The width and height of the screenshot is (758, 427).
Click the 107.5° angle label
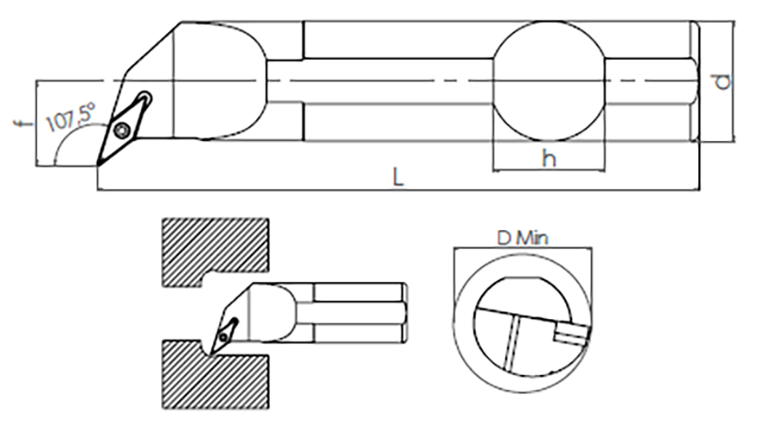click(x=70, y=117)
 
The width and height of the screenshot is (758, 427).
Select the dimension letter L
click(x=398, y=178)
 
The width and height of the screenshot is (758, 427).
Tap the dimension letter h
click(x=549, y=158)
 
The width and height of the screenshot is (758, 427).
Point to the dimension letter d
click(x=723, y=81)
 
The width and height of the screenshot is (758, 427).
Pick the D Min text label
click(x=523, y=238)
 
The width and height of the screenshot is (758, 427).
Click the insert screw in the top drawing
click(x=123, y=130)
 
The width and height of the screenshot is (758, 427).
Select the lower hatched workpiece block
click(x=215, y=374)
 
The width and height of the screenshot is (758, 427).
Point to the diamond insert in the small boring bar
click(x=224, y=336)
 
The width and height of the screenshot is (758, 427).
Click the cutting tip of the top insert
click(x=98, y=166)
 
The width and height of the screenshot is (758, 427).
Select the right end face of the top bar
click(x=695, y=81)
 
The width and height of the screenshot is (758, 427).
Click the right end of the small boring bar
click(x=406, y=313)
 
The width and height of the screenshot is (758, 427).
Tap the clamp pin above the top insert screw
click(x=145, y=99)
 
